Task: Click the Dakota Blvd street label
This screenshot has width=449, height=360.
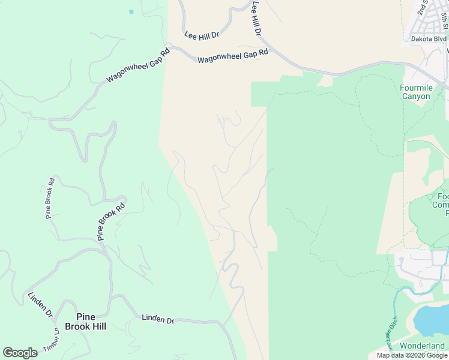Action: [429, 39]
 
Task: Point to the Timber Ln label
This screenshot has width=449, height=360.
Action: [52, 340]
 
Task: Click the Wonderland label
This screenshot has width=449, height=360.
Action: [423, 346]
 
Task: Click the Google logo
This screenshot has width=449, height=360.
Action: [20, 353]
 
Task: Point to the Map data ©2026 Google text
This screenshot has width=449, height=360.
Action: [411, 355]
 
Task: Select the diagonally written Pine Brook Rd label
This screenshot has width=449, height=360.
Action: [112, 221]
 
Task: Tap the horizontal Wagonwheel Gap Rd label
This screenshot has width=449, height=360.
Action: [232, 56]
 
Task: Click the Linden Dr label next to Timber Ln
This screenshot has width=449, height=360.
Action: [41, 305]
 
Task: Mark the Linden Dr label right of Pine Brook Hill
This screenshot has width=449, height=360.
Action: [158, 319]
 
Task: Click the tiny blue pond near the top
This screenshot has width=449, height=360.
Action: [131, 11]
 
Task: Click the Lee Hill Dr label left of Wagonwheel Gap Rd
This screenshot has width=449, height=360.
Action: [202, 36]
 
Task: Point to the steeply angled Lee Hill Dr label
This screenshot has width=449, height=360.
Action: [257, 17]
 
